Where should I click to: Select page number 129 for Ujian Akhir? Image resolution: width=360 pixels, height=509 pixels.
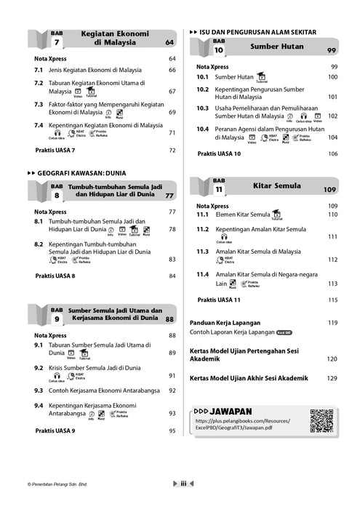332,379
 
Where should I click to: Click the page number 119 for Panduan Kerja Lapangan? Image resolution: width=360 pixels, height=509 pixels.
332,322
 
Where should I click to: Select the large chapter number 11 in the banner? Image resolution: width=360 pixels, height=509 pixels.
219,191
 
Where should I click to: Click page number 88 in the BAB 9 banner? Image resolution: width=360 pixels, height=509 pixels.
170,319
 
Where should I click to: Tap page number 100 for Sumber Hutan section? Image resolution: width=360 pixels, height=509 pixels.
332,77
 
